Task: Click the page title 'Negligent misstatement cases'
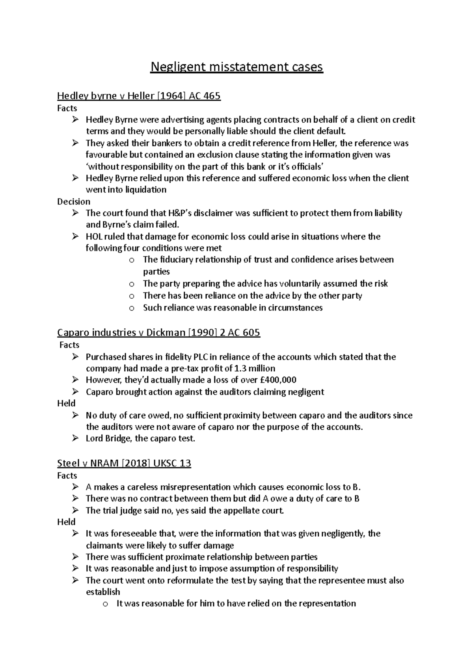[x=236, y=67]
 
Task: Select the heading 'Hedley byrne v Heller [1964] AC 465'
[x=139, y=96]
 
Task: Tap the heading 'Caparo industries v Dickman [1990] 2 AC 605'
[x=158, y=333]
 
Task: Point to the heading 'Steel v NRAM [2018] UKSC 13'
[x=124, y=463]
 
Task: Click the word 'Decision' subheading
[x=74, y=202]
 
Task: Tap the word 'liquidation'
[x=146, y=190]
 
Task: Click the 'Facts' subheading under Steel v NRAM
[x=67, y=475]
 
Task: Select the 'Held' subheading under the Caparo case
[x=66, y=403]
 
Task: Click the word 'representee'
[x=341, y=580]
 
